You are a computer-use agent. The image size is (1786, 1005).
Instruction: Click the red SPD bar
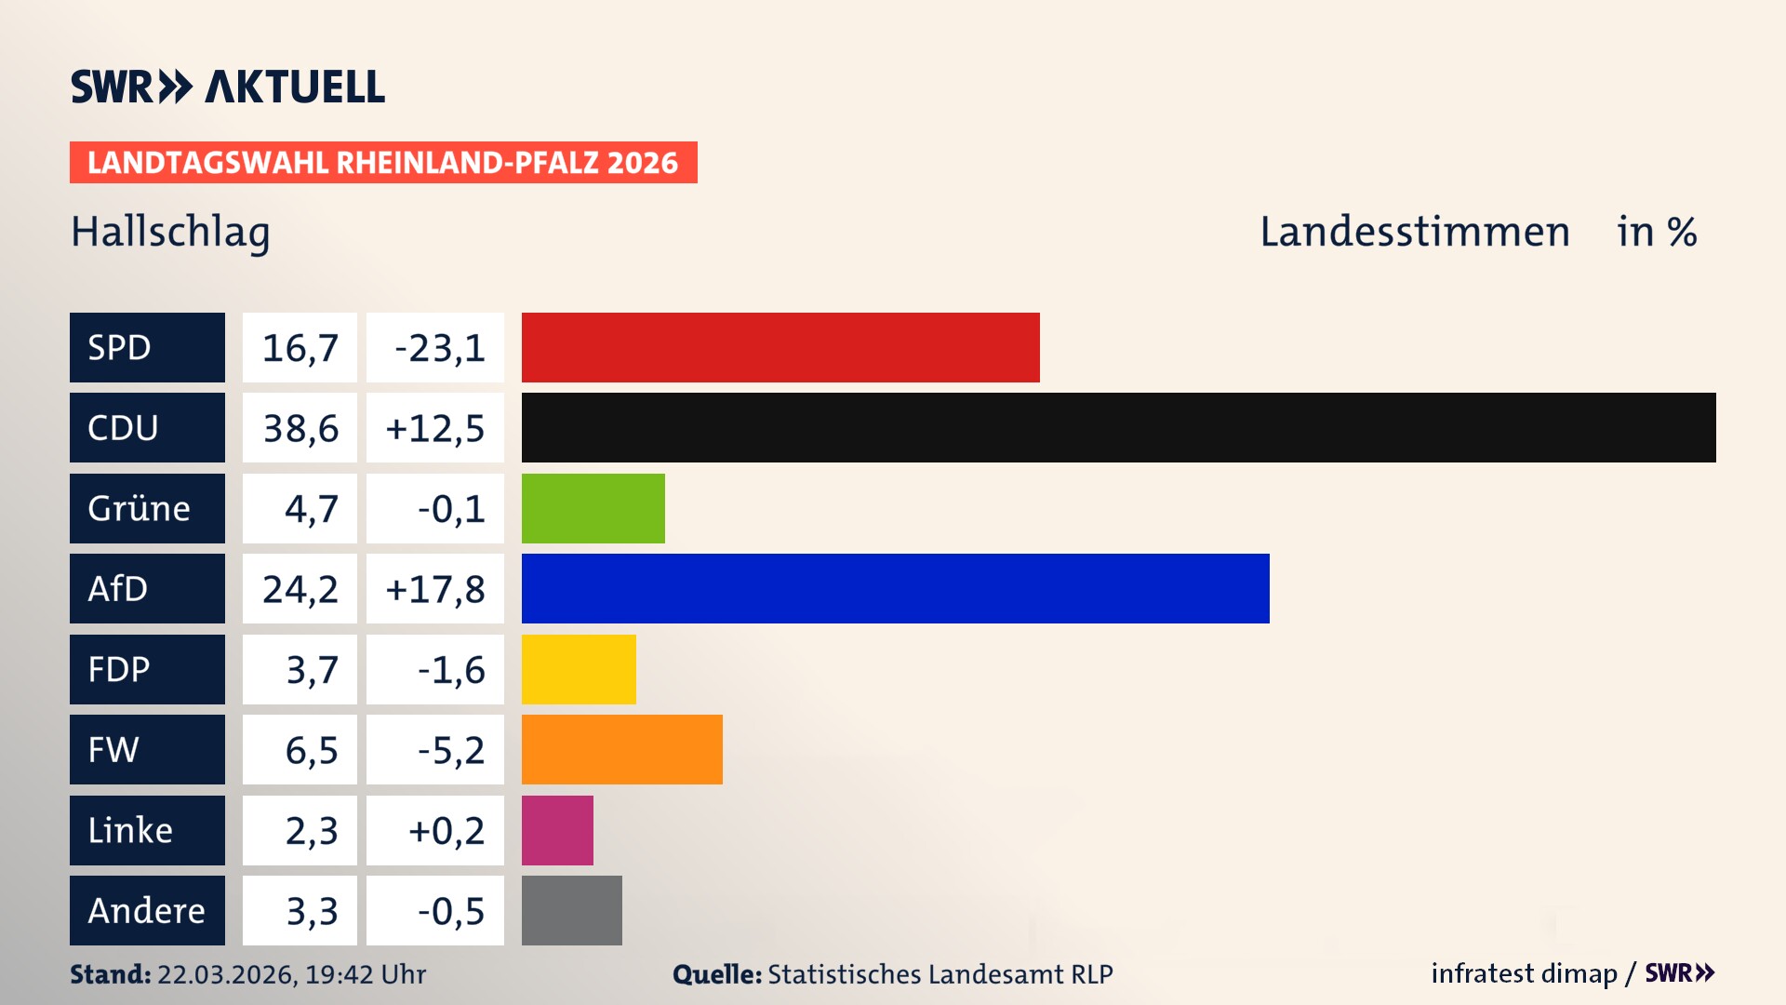[x=780, y=347]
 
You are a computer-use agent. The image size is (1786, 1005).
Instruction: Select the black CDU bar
[x=1118, y=428]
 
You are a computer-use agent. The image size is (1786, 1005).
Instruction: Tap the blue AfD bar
[x=895, y=589]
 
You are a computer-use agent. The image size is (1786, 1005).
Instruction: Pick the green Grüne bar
[x=593, y=508]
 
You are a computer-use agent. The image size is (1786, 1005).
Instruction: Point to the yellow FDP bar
[x=579, y=669]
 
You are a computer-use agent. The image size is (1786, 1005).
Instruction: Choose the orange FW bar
[x=621, y=750]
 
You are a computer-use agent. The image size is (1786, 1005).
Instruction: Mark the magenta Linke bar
[x=557, y=830]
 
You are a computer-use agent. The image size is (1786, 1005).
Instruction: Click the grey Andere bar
[x=571, y=910]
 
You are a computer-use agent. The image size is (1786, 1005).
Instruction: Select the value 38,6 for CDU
[x=300, y=428]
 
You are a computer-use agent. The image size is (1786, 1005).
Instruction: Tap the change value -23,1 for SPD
[x=439, y=348]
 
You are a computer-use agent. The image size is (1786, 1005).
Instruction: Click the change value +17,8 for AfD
[x=435, y=589]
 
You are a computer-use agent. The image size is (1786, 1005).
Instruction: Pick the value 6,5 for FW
[x=311, y=750]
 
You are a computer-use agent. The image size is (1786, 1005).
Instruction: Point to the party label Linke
[x=130, y=830]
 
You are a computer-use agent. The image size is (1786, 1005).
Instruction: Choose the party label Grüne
[x=139, y=508]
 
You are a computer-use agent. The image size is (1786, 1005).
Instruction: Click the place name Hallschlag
[x=170, y=232]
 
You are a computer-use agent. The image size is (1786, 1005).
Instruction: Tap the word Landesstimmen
[x=1414, y=232]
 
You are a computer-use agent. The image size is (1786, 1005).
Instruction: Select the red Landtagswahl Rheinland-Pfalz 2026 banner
[x=383, y=163]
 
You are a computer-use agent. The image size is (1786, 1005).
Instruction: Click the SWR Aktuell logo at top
[x=228, y=87]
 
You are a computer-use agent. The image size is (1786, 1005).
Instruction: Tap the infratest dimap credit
[x=1524, y=973]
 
